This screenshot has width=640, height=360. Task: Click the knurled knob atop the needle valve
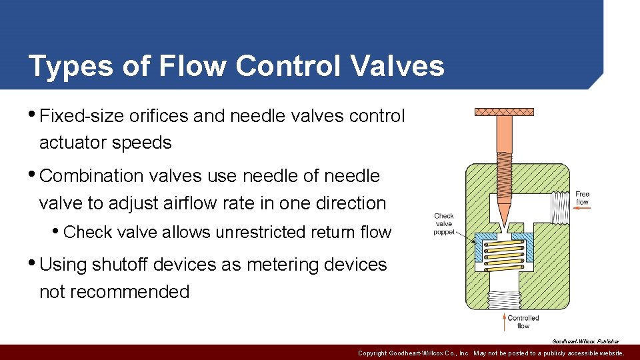[x=504, y=111]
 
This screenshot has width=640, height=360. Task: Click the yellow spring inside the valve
[x=504, y=255]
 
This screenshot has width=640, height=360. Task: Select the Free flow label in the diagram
[x=582, y=198]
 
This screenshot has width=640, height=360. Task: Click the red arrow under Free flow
[x=582, y=208]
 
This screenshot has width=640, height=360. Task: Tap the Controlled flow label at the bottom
[x=523, y=321]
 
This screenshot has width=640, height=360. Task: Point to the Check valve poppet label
[x=444, y=224]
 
